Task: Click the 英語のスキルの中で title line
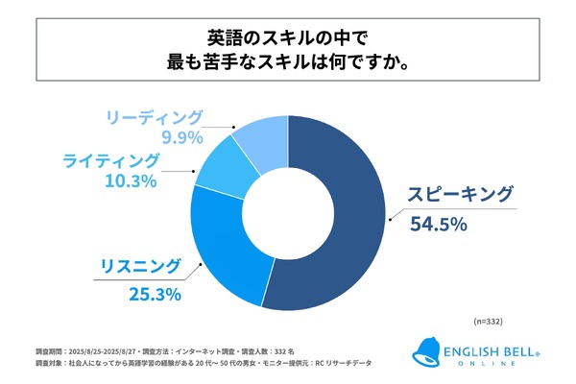288,38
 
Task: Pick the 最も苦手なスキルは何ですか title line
288,66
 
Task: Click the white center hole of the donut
289,215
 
